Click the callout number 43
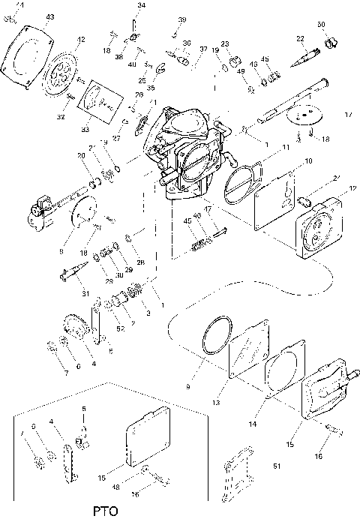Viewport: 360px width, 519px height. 49,16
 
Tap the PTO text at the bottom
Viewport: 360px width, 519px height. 106,511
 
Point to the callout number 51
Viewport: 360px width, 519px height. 277,466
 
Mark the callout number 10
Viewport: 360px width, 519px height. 307,161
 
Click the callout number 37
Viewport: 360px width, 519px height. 203,49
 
